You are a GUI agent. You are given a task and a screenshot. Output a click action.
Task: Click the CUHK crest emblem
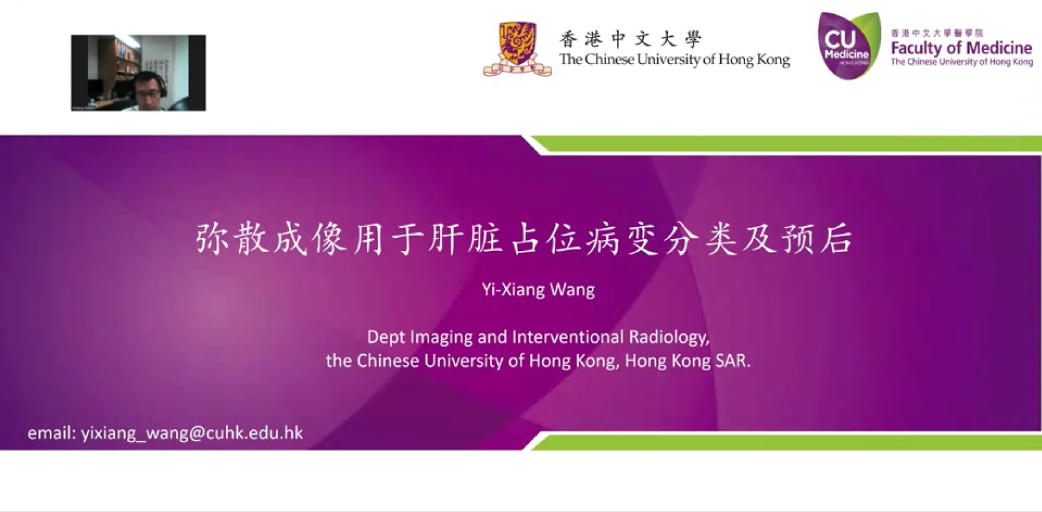(x=517, y=49)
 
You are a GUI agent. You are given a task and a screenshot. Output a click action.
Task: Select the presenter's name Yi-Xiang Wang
(x=538, y=290)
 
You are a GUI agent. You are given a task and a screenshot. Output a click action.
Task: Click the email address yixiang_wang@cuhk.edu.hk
(x=192, y=433)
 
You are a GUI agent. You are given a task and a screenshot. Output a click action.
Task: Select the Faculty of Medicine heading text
(x=962, y=48)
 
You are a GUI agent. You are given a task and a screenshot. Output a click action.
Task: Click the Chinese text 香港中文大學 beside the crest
(x=630, y=39)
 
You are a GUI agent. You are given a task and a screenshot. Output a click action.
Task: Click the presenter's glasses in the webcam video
(x=148, y=94)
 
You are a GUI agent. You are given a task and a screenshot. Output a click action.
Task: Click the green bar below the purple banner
(x=789, y=442)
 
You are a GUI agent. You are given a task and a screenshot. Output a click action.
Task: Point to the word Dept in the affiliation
(x=386, y=337)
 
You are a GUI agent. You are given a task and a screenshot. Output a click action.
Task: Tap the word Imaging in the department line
(x=441, y=337)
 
